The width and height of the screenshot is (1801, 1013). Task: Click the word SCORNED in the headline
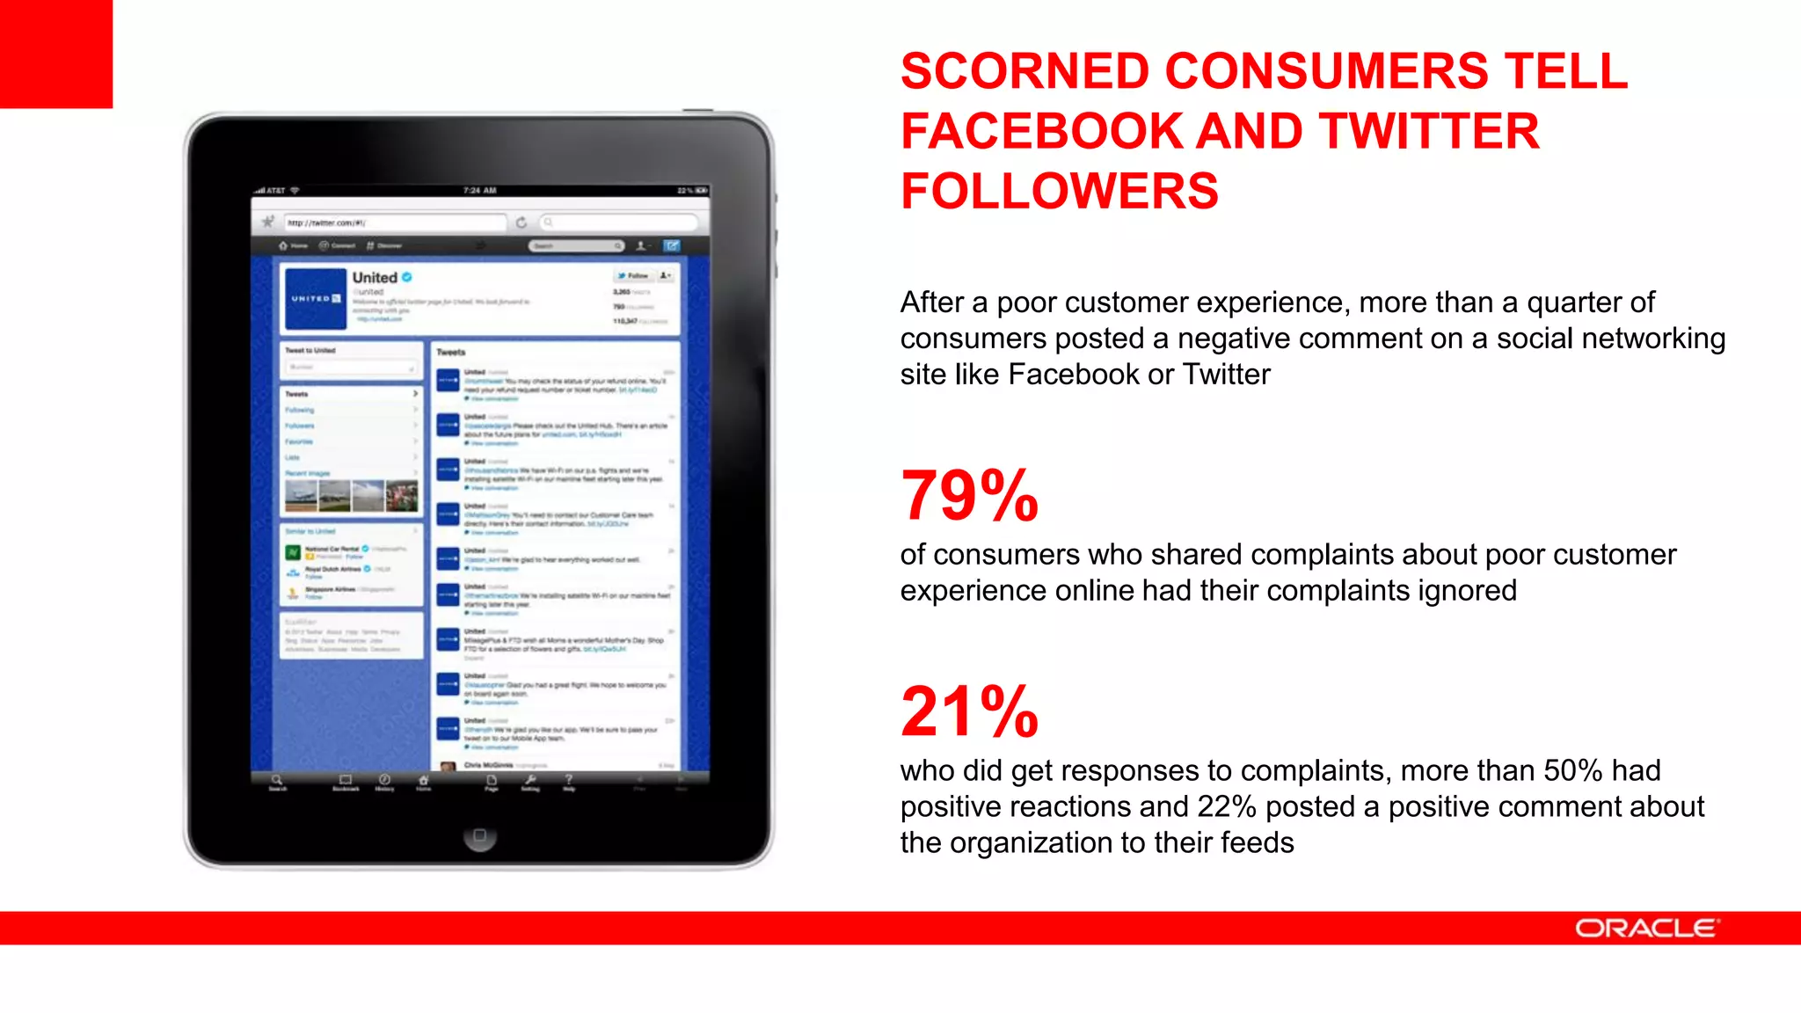pos(1024,71)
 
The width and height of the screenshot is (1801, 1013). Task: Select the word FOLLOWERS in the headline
pos(1060,192)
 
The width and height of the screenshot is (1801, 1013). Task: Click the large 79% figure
pos(969,496)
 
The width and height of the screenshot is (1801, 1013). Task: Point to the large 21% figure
pos(969,711)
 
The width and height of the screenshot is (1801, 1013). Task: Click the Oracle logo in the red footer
pos(1646,929)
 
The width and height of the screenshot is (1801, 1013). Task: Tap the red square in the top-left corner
pos(56,54)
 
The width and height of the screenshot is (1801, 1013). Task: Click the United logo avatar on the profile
pos(315,299)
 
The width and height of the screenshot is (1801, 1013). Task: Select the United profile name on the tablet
pos(375,278)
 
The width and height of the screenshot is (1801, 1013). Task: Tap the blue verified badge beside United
pos(407,277)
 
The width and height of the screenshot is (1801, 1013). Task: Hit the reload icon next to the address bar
pos(521,222)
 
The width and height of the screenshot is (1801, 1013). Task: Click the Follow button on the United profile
pos(633,276)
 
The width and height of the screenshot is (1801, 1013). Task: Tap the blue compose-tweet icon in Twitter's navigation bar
pos(672,246)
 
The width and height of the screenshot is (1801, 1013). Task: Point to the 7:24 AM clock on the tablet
pos(480,191)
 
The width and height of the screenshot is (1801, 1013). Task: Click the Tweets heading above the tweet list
pos(451,353)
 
